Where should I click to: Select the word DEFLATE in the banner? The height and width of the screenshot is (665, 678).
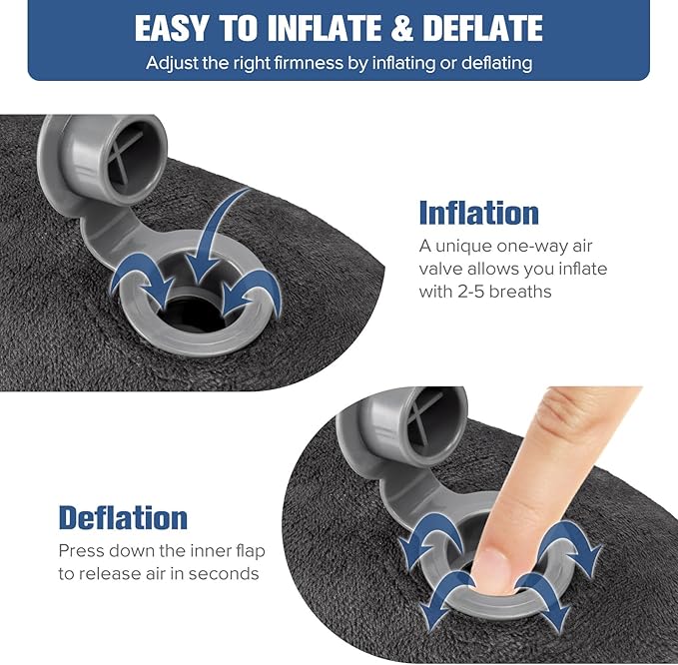point(482,28)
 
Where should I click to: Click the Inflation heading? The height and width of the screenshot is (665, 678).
point(478,213)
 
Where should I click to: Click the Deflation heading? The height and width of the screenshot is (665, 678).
point(123,517)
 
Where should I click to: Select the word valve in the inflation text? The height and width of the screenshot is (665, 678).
point(441,269)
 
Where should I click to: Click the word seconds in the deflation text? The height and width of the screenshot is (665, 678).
point(227,573)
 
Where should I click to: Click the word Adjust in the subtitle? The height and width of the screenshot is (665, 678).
point(171,63)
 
